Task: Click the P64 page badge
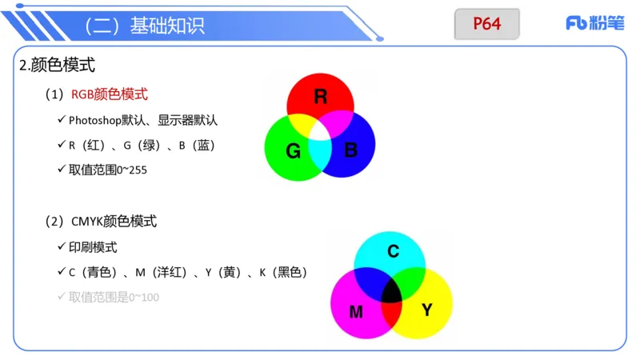(x=486, y=24)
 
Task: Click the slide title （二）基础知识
(x=144, y=26)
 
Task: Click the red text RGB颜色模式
(x=109, y=94)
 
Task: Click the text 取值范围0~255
(x=108, y=170)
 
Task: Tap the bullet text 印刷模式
(x=93, y=247)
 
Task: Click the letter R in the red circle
(x=320, y=98)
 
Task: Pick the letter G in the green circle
(x=293, y=150)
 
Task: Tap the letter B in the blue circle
(x=350, y=150)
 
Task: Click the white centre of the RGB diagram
(x=320, y=130)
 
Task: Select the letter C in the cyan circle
(x=393, y=251)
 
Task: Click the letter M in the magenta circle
(x=356, y=311)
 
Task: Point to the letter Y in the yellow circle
(x=426, y=310)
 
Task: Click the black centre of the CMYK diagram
(x=391, y=293)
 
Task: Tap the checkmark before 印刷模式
(x=62, y=247)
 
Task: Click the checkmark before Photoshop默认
(x=62, y=120)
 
